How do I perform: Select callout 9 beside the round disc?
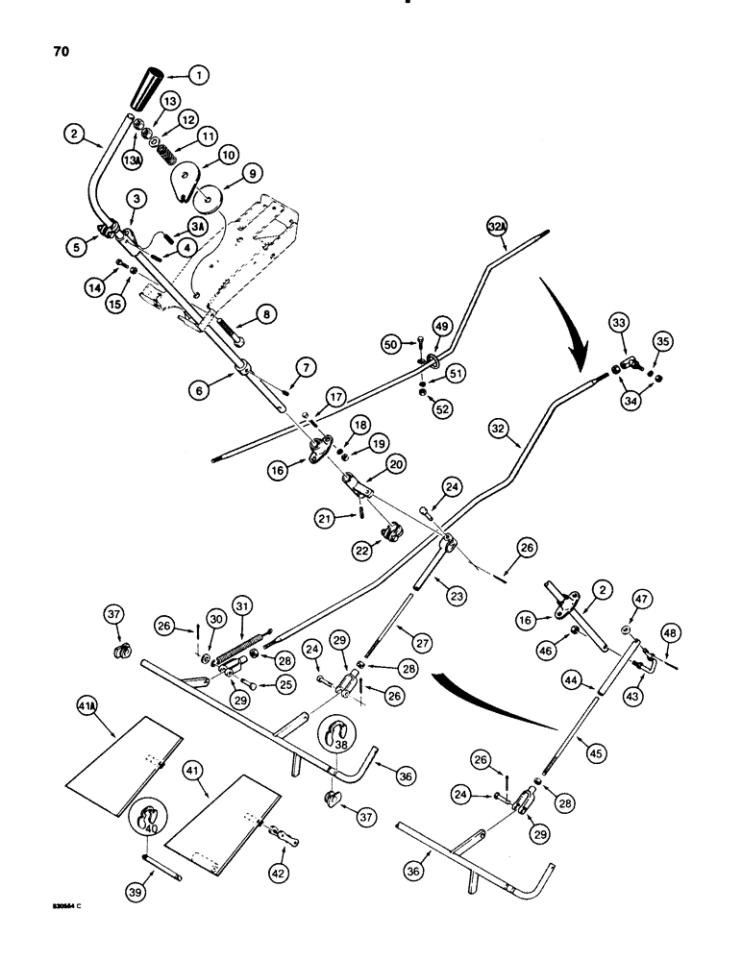pyautogui.click(x=255, y=176)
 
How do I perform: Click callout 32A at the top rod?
pyautogui.click(x=497, y=228)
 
